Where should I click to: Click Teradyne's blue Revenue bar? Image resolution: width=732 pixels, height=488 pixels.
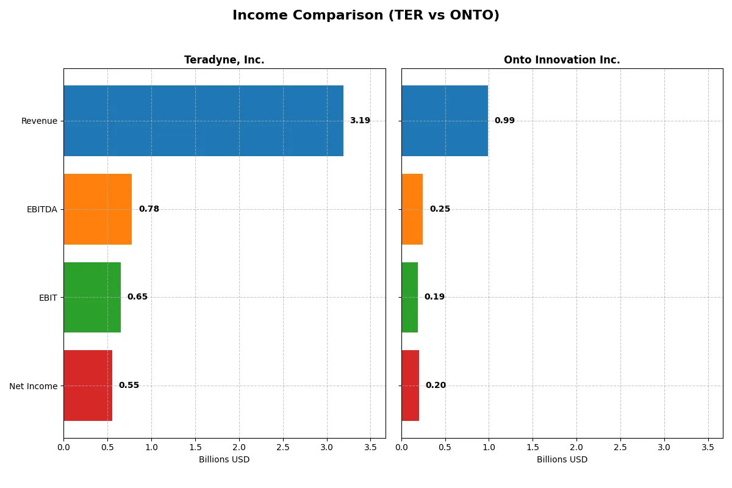point(203,121)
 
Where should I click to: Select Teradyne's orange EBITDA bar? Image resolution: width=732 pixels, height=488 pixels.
point(98,209)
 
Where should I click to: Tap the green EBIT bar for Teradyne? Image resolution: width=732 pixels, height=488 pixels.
point(92,297)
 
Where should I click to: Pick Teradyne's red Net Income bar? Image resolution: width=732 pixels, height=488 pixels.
point(88,386)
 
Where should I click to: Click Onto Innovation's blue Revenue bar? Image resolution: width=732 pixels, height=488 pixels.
point(445,121)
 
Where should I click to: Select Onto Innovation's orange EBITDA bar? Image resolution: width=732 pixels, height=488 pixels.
point(412,209)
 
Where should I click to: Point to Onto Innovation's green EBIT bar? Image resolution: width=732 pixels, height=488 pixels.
point(410,297)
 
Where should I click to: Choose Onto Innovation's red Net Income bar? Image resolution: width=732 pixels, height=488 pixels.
point(411,386)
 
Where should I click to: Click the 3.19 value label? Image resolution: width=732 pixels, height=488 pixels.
point(360,121)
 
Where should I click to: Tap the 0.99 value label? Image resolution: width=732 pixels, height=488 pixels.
point(504,121)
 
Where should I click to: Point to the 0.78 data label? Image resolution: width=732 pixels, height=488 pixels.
point(149,209)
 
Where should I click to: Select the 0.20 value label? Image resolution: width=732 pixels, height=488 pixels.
point(436,386)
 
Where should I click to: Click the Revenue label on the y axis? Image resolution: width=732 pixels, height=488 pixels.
point(39,121)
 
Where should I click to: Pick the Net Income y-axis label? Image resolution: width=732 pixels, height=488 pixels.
point(34,386)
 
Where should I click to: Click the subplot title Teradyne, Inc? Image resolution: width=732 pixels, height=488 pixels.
point(224,60)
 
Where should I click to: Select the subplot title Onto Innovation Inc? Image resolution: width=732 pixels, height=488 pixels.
point(562,60)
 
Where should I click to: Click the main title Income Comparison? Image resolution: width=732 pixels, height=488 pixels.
point(366,16)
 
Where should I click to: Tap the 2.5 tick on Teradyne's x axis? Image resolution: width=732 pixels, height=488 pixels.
point(283,447)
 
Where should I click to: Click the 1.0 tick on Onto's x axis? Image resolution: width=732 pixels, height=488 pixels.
point(489,447)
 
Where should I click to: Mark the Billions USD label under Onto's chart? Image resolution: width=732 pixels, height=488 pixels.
point(562,459)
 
